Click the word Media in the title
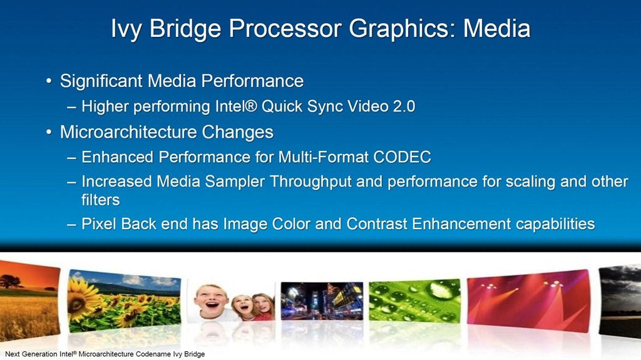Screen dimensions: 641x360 pyautogui.click(x=496, y=29)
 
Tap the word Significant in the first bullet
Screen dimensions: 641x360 pyautogui.click(x=101, y=81)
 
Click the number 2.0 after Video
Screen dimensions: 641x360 pyautogui.click(x=404, y=106)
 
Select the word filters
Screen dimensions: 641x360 pyautogui.click(x=101, y=200)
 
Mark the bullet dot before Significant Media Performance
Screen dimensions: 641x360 pyautogui.click(x=49, y=81)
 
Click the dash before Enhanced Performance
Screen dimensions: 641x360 pyautogui.click(x=71, y=158)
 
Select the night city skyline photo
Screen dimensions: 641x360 pyautogui.click(x=322, y=301)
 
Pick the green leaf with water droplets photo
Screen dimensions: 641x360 pyautogui.click(x=414, y=301)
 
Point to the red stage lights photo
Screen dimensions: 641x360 pyautogui.click(x=528, y=301)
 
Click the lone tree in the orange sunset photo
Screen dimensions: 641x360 pyautogui.click(x=10, y=282)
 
